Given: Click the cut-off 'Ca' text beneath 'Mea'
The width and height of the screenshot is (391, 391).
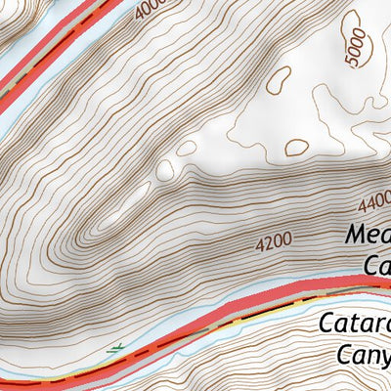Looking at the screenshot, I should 377,265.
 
